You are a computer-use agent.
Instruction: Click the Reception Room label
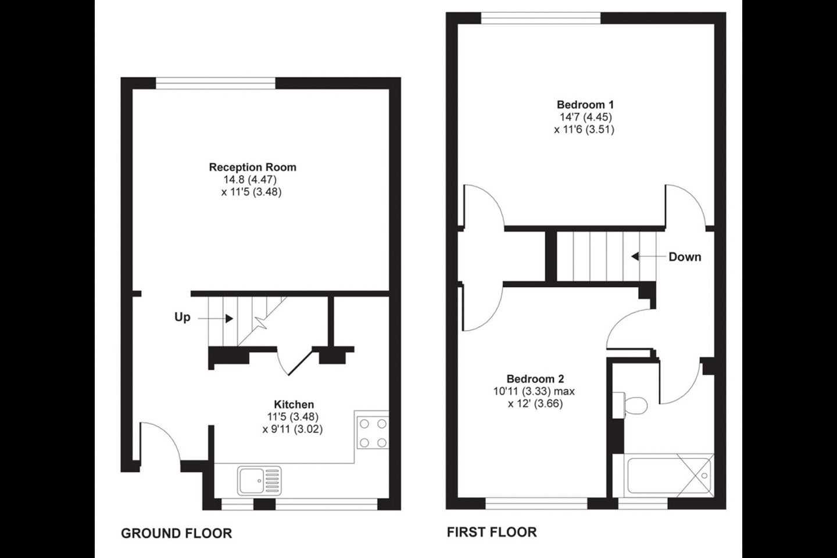(253, 167)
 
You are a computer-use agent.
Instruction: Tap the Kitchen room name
(294, 405)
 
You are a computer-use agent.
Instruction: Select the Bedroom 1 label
(585, 105)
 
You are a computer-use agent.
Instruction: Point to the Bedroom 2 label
(535, 379)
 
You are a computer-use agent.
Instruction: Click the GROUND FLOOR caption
(176, 534)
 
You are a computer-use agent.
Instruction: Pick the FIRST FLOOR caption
(492, 532)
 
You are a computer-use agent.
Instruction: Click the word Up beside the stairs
(183, 317)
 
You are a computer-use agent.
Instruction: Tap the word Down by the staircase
(685, 257)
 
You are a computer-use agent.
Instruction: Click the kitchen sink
(259, 480)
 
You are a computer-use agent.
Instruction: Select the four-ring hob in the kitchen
(373, 433)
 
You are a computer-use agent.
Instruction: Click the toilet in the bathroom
(630, 405)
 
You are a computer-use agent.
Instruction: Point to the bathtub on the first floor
(663, 475)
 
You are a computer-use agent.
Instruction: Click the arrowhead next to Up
(229, 319)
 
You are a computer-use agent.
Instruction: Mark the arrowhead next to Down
(635, 256)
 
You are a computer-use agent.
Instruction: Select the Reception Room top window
(216, 83)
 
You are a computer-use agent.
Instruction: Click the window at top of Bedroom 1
(541, 18)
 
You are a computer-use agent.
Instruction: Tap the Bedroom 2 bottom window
(536, 503)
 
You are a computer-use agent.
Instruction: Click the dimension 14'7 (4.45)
(585, 117)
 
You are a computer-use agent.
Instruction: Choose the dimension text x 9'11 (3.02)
(292, 429)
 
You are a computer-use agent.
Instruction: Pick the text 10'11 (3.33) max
(534, 391)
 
